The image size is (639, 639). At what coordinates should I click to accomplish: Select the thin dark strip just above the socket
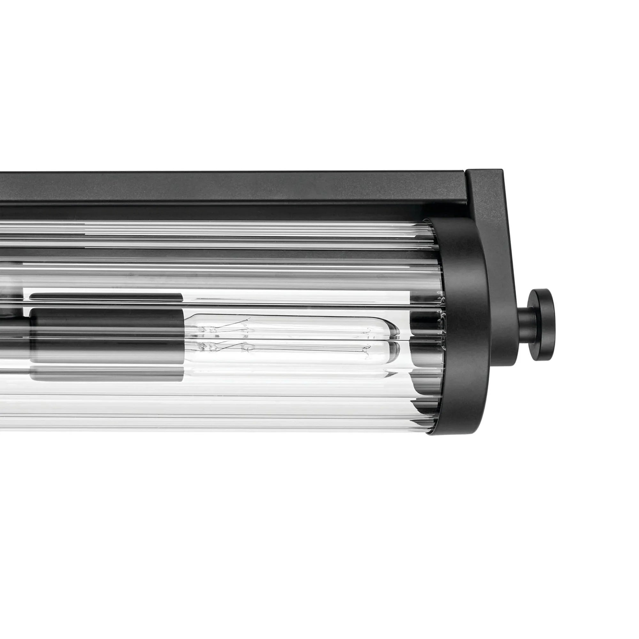106,297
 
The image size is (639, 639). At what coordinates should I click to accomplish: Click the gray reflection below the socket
106,374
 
